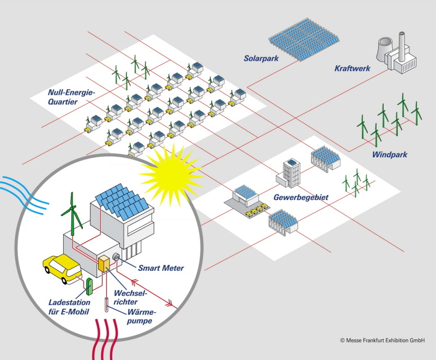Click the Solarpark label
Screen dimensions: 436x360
pos(261,58)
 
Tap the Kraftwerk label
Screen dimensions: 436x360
pos(352,68)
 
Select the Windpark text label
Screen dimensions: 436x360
pos(390,155)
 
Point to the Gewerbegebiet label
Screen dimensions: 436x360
pos(301,198)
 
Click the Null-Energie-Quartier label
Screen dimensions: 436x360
pos(71,97)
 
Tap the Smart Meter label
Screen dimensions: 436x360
pos(161,268)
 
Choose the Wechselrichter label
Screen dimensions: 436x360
pos(130,297)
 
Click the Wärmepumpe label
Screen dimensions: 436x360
pos(141,316)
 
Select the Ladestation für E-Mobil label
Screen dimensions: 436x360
pos(69,307)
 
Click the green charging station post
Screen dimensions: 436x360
pos(89,286)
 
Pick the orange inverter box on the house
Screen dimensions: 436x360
pos(104,264)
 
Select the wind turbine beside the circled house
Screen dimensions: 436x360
pos(73,214)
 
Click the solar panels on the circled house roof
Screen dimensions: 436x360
pos(122,201)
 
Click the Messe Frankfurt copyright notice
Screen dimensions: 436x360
pos(383,340)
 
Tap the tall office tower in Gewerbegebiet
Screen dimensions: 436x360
pos(291,173)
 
